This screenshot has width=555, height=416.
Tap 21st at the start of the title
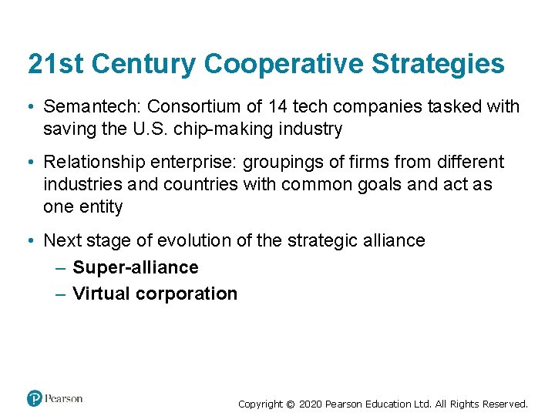tap(53, 64)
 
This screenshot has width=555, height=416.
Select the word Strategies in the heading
tap(439, 64)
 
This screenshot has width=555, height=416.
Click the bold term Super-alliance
tap(136, 267)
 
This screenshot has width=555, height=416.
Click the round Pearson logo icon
tap(34, 398)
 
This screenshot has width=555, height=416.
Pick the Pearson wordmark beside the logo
tap(64, 398)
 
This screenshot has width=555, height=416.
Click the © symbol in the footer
tap(290, 404)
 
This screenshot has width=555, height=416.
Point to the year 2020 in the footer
tap(310, 404)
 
